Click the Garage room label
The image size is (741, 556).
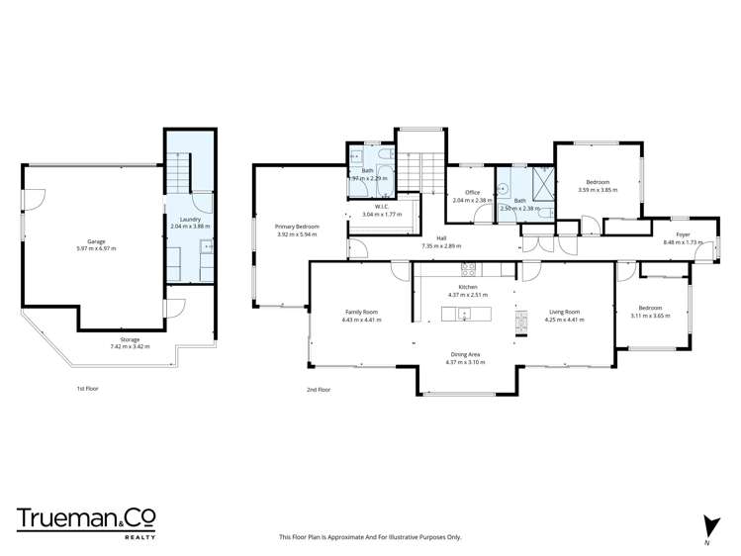point(96,241)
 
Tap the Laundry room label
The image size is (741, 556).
point(190,220)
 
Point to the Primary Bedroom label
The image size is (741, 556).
point(297,227)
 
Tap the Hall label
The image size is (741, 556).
point(441,237)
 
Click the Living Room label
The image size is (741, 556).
point(564,311)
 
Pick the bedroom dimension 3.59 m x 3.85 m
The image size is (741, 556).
point(598,189)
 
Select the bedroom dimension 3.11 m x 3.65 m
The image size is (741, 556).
point(650,316)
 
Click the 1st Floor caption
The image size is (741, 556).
point(87,388)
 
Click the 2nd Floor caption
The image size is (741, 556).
point(318,389)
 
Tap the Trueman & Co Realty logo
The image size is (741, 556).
point(86,521)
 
